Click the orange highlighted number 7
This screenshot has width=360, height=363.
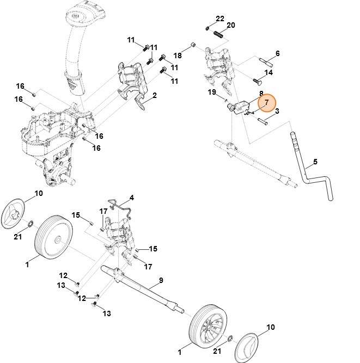click(x=267, y=102)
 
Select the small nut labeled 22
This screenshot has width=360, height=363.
click(x=208, y=28)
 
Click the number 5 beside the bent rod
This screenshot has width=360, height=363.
click(x=314, y=162)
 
